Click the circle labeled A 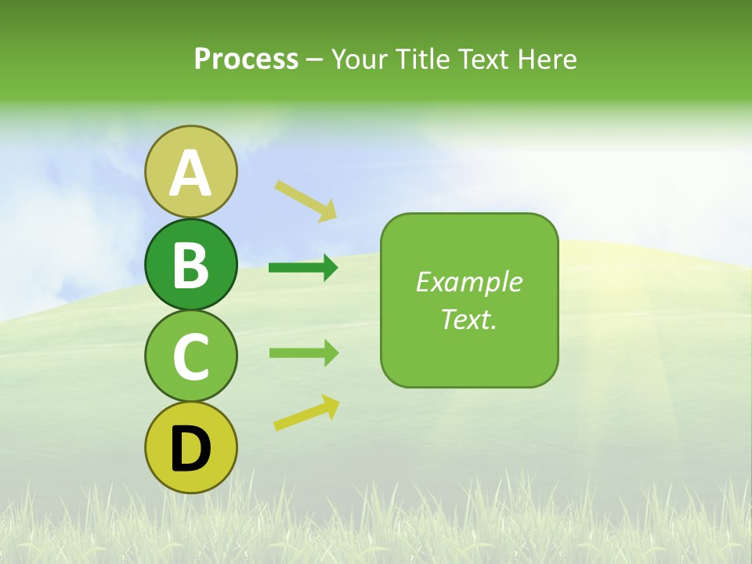point(190,172)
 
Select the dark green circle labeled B point(190,264)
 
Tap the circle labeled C point(190,356)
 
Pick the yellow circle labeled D point(190,447)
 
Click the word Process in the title point(246,59)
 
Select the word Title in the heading point(423,59)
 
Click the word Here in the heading point(548,59)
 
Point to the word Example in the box point(468,282)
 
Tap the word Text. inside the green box point(468,319)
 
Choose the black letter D point(190,449)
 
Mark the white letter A point(190,173)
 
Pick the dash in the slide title point(314,60)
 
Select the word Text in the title point(484,59)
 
